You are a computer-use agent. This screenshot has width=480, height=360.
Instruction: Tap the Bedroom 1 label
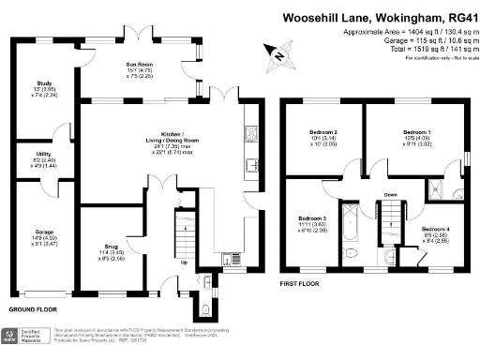(x=415, y=132)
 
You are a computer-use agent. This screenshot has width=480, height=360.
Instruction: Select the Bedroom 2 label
(x=322, y=132)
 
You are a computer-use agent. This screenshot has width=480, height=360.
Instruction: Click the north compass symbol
(x=274, y=53)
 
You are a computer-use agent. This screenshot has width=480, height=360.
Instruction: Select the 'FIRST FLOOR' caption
(x=301, y=282)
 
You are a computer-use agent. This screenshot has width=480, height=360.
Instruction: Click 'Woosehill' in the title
(x=314, y=18)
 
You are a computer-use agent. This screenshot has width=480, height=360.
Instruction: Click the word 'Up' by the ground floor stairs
(x=183, y=262)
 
